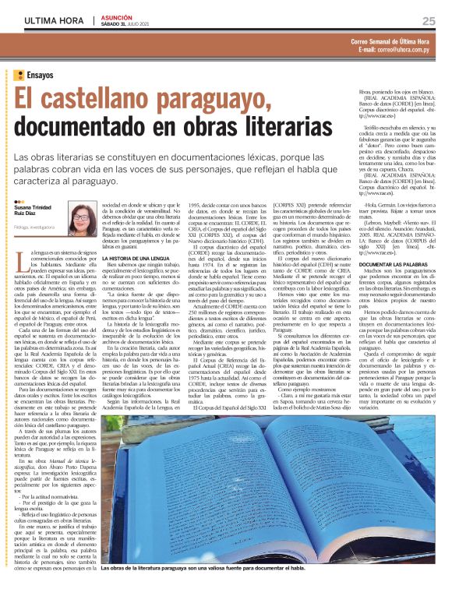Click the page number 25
pos(429,20)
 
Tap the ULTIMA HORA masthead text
pos(54,19)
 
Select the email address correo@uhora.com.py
pos(408,49)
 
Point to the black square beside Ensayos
pos(19,75)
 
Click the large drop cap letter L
pos(19,270)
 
